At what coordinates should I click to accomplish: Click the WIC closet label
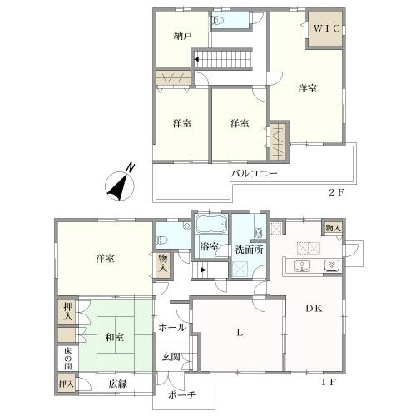click(326, 28)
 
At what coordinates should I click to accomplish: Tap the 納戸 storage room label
click(183, 36)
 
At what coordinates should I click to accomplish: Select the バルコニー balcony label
click(255, 174)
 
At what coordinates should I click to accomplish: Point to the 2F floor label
click(336, 192)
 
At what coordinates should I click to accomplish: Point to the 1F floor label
click(329, 383)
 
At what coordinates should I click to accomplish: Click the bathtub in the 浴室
click(211, 225)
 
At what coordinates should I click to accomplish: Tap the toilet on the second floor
click(219, 20)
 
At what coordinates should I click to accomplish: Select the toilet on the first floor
click(162, 240)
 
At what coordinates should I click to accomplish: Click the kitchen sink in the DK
click(302, 265)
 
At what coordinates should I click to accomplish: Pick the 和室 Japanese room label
click(115, 338)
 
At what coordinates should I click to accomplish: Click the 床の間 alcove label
click(68, 359)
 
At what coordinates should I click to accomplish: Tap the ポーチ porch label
click(182, 395)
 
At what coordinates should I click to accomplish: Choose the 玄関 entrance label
click(171, 357)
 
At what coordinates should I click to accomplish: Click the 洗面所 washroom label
click(250, 250)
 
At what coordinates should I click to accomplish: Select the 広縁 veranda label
click(118, 384)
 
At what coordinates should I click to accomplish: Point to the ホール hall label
click(172, 328)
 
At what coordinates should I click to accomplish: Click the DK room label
click(314, 308)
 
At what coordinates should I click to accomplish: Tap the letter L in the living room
click(240, 333)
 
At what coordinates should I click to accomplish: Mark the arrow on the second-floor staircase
click(196, 59)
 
